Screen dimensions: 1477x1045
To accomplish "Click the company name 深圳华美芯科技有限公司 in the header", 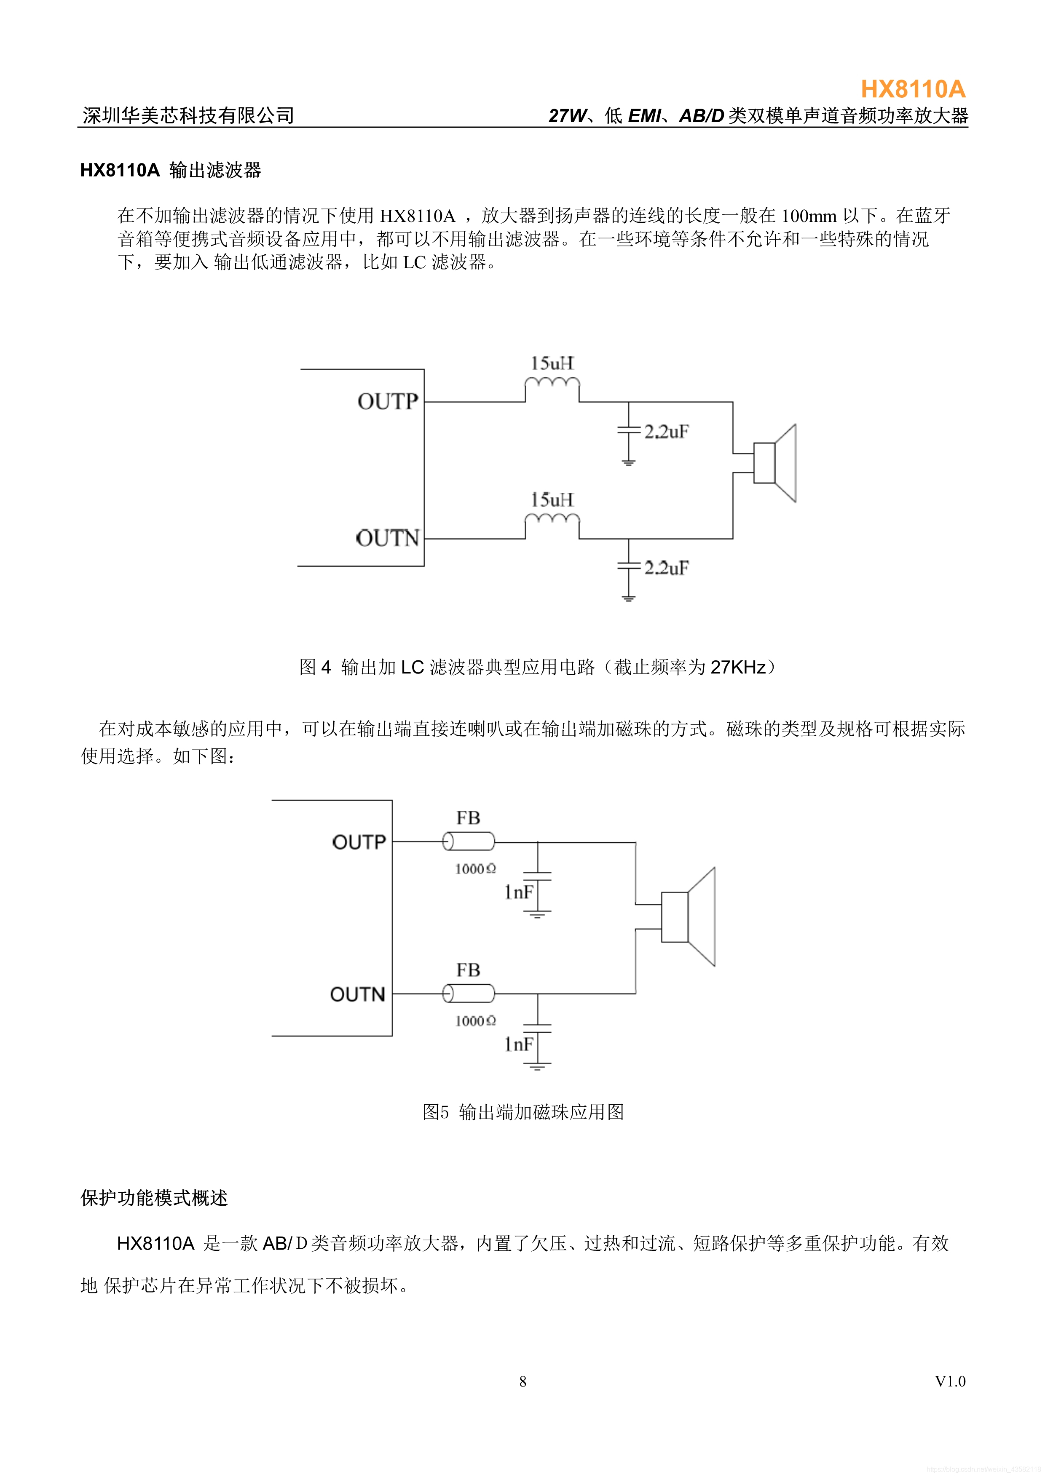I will (x=188, y=116).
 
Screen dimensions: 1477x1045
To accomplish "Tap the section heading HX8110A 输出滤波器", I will (x=171, y=171).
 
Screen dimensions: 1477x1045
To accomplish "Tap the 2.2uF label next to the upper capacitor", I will (x=666, y=432).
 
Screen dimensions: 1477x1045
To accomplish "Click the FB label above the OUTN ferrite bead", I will (x=468, y=970).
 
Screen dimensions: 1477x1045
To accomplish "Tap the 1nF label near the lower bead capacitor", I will (x=519, y=1044).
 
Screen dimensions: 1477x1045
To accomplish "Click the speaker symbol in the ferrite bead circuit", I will (x=688, y=917).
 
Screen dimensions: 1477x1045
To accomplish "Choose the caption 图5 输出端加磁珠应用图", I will (x=522, y=1112).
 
